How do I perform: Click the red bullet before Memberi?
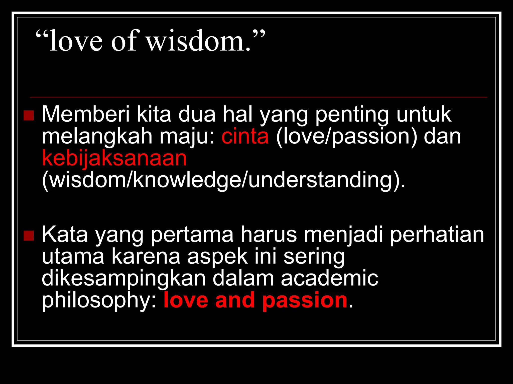tap(29, 115)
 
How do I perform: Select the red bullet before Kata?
tap(29, 235)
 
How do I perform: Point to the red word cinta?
tap(245, 136)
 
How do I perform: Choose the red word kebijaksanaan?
tap(114, 158)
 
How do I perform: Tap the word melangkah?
tap(97, 136)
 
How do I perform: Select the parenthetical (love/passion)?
tap(346, 137)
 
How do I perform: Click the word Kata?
tap(65, 234)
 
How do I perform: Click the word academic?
tap(329, 278)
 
